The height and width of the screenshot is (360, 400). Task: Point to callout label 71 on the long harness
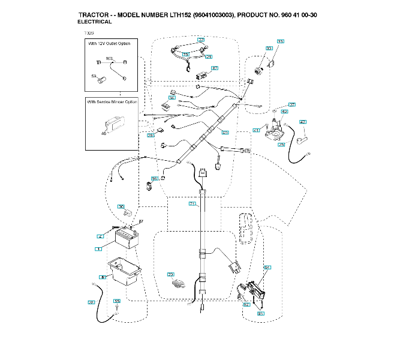pyautogui.click(x=192, y=205)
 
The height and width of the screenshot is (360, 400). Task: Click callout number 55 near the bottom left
pyautogui.click(x=116, y=301)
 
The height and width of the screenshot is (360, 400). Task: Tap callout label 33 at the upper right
pyautogui.click(x=280, y=41)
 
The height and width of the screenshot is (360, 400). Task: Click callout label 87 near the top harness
pyautogui.click(x=214, y=68)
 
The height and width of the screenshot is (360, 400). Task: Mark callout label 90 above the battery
pyautogui.click(x=121, y=207)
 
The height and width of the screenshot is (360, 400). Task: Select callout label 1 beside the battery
pyautogui.click(x=97, y=248)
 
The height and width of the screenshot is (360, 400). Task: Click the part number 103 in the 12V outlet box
pyautogui.click(x=109, y=58)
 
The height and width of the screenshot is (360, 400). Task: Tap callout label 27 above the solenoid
pyautogui.click(x=292, y=104)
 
